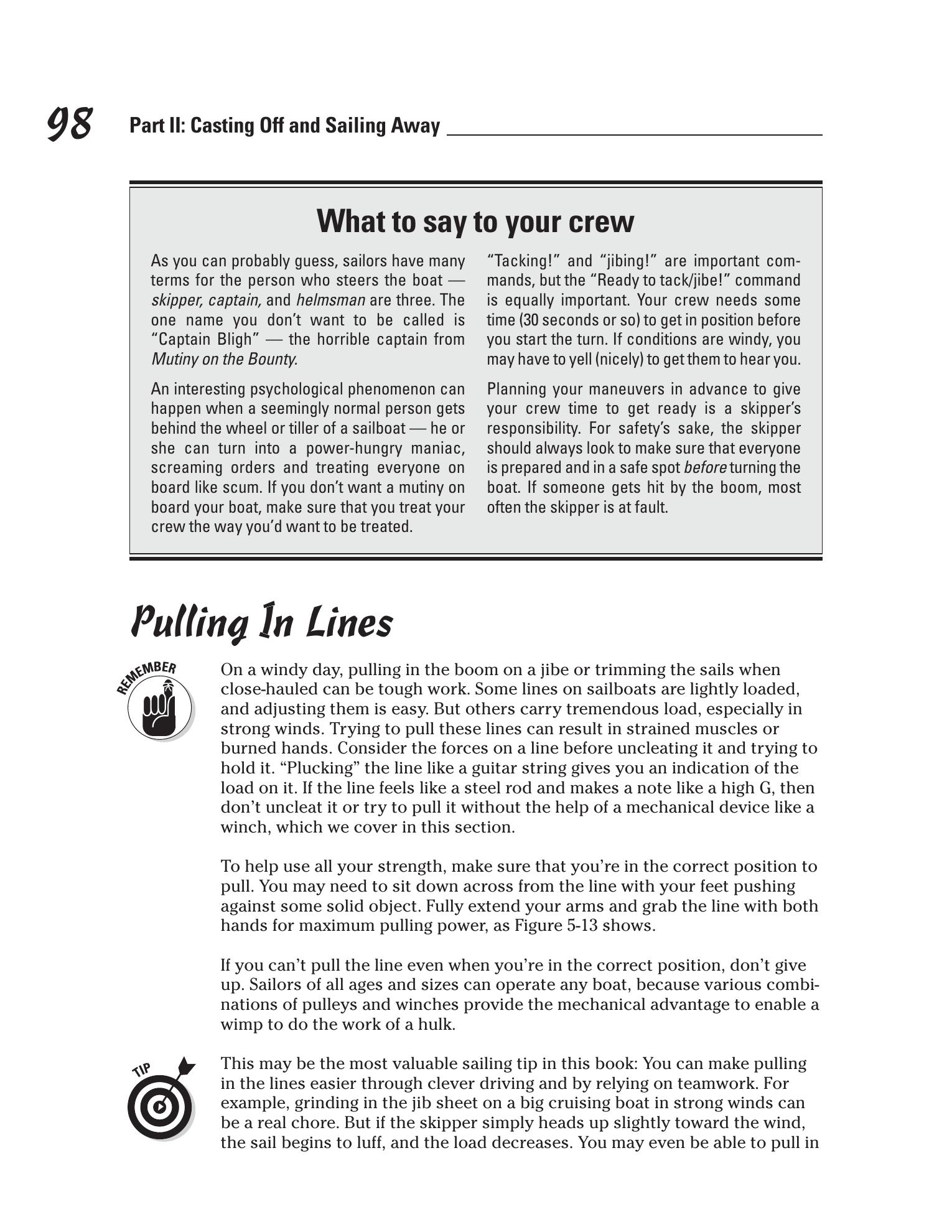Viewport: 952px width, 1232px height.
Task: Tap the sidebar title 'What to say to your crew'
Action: (475, 222)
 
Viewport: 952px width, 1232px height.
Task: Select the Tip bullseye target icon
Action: (159, 1106)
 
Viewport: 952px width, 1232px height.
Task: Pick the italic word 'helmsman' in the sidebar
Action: (330, 300)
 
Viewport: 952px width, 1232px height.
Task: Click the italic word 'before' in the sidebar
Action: (704, 468)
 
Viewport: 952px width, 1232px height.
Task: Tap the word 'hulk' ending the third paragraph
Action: (438, 1024)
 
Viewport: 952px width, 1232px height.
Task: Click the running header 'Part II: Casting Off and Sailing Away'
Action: (284, 126)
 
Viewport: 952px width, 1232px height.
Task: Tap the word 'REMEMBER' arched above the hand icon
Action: (146, 675)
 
